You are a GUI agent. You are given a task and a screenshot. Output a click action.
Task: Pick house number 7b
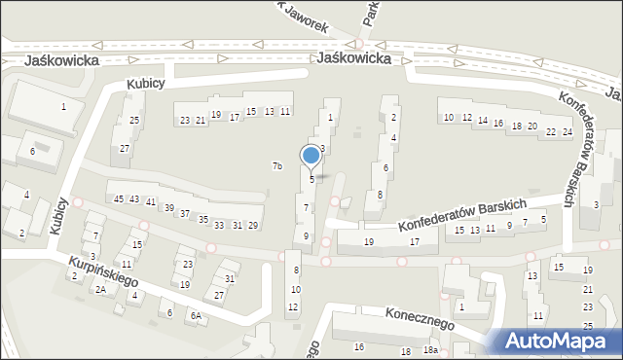tap(276, 166)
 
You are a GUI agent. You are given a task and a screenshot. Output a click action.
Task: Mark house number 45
tap(119, 198)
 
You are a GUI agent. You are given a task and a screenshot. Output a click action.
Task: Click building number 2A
tap(99, 289)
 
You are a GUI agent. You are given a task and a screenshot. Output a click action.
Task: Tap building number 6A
tap(196, 316)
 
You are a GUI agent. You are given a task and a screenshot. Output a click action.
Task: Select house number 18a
tap(429, 350)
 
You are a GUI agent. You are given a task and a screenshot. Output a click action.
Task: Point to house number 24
tap(567, 131)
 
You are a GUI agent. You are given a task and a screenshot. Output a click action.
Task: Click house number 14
tap(482, 121)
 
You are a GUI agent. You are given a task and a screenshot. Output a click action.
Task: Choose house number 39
tap(169, 208)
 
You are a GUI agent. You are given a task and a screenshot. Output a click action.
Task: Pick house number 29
tap(253, 226)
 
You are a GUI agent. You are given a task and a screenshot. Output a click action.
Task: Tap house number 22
tap(551, 130)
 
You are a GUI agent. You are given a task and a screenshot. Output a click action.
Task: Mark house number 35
tap(203, 219)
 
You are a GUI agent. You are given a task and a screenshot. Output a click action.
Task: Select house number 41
tap(150, 201)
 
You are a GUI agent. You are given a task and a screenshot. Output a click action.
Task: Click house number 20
tap(531, 126)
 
